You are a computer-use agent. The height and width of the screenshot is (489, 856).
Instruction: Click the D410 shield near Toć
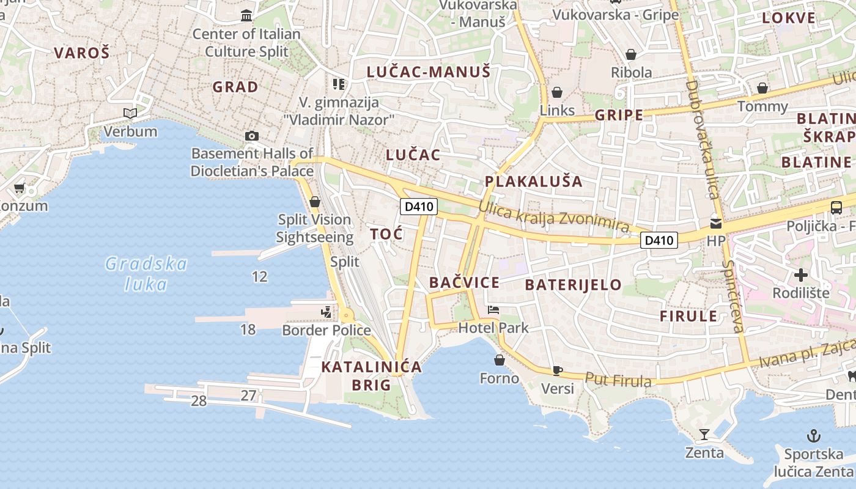[419, 207]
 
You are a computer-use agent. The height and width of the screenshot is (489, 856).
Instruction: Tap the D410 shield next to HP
[660, 240]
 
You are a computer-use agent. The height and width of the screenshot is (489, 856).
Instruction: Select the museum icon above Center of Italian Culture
[246, 15]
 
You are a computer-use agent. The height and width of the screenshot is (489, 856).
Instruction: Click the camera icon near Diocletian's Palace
[251, 136]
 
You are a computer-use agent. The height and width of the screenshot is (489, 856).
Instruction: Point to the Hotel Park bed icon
[493, 310]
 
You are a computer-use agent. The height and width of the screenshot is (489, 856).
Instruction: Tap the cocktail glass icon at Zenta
[704, 435]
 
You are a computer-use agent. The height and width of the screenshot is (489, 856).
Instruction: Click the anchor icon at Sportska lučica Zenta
[813, 436]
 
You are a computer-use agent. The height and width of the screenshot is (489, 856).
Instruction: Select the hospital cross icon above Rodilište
[801, 274]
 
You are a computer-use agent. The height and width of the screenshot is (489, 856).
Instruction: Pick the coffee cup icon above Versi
[557, 370]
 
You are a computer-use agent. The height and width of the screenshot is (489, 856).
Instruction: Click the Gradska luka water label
[146, 274]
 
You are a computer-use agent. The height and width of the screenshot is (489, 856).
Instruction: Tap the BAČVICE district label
[464, 282]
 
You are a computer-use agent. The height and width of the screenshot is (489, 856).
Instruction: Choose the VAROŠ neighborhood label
[81, 53]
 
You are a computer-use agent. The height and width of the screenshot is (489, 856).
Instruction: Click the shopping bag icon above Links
[557, 92]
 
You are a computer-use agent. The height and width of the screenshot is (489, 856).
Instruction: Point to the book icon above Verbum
[130, 113]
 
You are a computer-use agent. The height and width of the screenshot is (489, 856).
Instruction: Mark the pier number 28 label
[199, 401]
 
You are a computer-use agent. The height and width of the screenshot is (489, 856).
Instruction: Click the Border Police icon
[327, 312]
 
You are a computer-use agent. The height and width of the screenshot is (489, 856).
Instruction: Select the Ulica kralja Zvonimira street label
[553, 217]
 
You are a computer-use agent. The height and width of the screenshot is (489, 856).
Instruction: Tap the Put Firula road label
[618, 380]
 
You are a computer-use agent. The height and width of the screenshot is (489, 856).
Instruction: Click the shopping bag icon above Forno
[500, 360]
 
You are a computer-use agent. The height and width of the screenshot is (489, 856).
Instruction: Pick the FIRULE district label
[688, 316]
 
